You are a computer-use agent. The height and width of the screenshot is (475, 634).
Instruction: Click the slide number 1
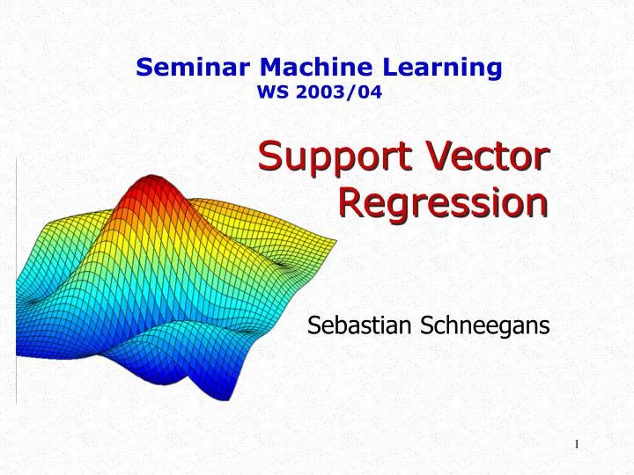[577, 444]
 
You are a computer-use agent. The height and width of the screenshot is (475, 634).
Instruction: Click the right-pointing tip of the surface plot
[335, 238]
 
